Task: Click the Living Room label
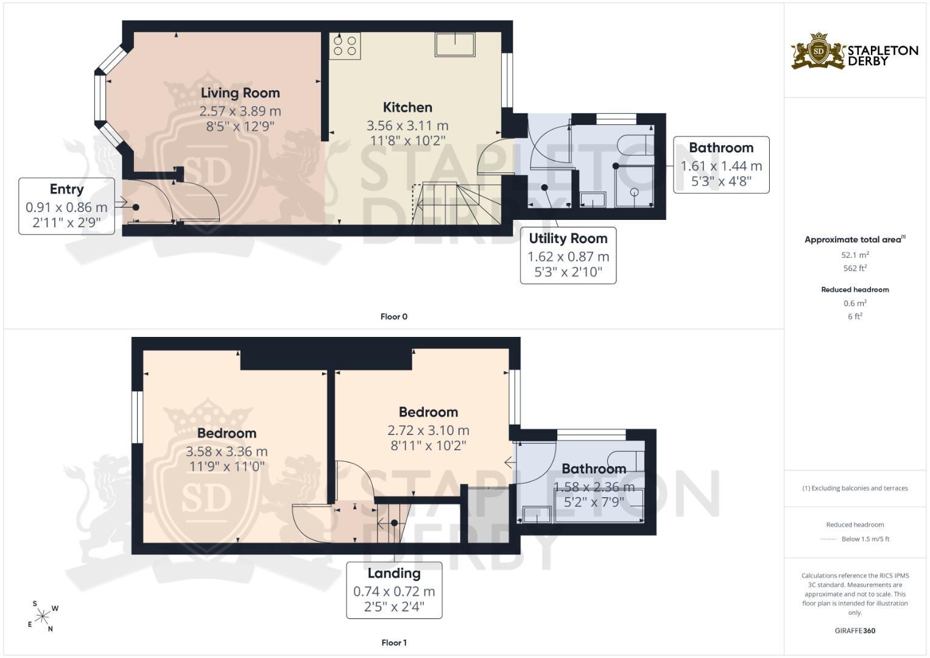click(241, 93)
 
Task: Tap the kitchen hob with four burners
click(345, 46)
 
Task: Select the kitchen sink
click(455, 44)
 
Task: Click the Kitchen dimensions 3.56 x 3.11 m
click(407, 126)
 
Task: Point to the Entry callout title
click(67, 189)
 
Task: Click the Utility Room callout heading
click(568, 238)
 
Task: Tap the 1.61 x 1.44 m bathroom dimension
click(721, 166)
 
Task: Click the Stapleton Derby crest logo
click(819, 51)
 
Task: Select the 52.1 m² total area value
click(855, 255)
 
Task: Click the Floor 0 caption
click(394, 317)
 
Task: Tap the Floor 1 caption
click(394, 643)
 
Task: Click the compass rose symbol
click(43, 616)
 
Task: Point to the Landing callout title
click(394, 573)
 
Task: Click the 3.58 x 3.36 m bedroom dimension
click(227, 451)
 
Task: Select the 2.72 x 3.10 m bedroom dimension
click(429, 430)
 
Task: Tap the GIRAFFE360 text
click(855, 631)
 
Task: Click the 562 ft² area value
click(855, 268)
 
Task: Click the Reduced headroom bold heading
click(855, 289)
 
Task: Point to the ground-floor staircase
click(457, 203)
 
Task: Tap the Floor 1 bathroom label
click(594, 469)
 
